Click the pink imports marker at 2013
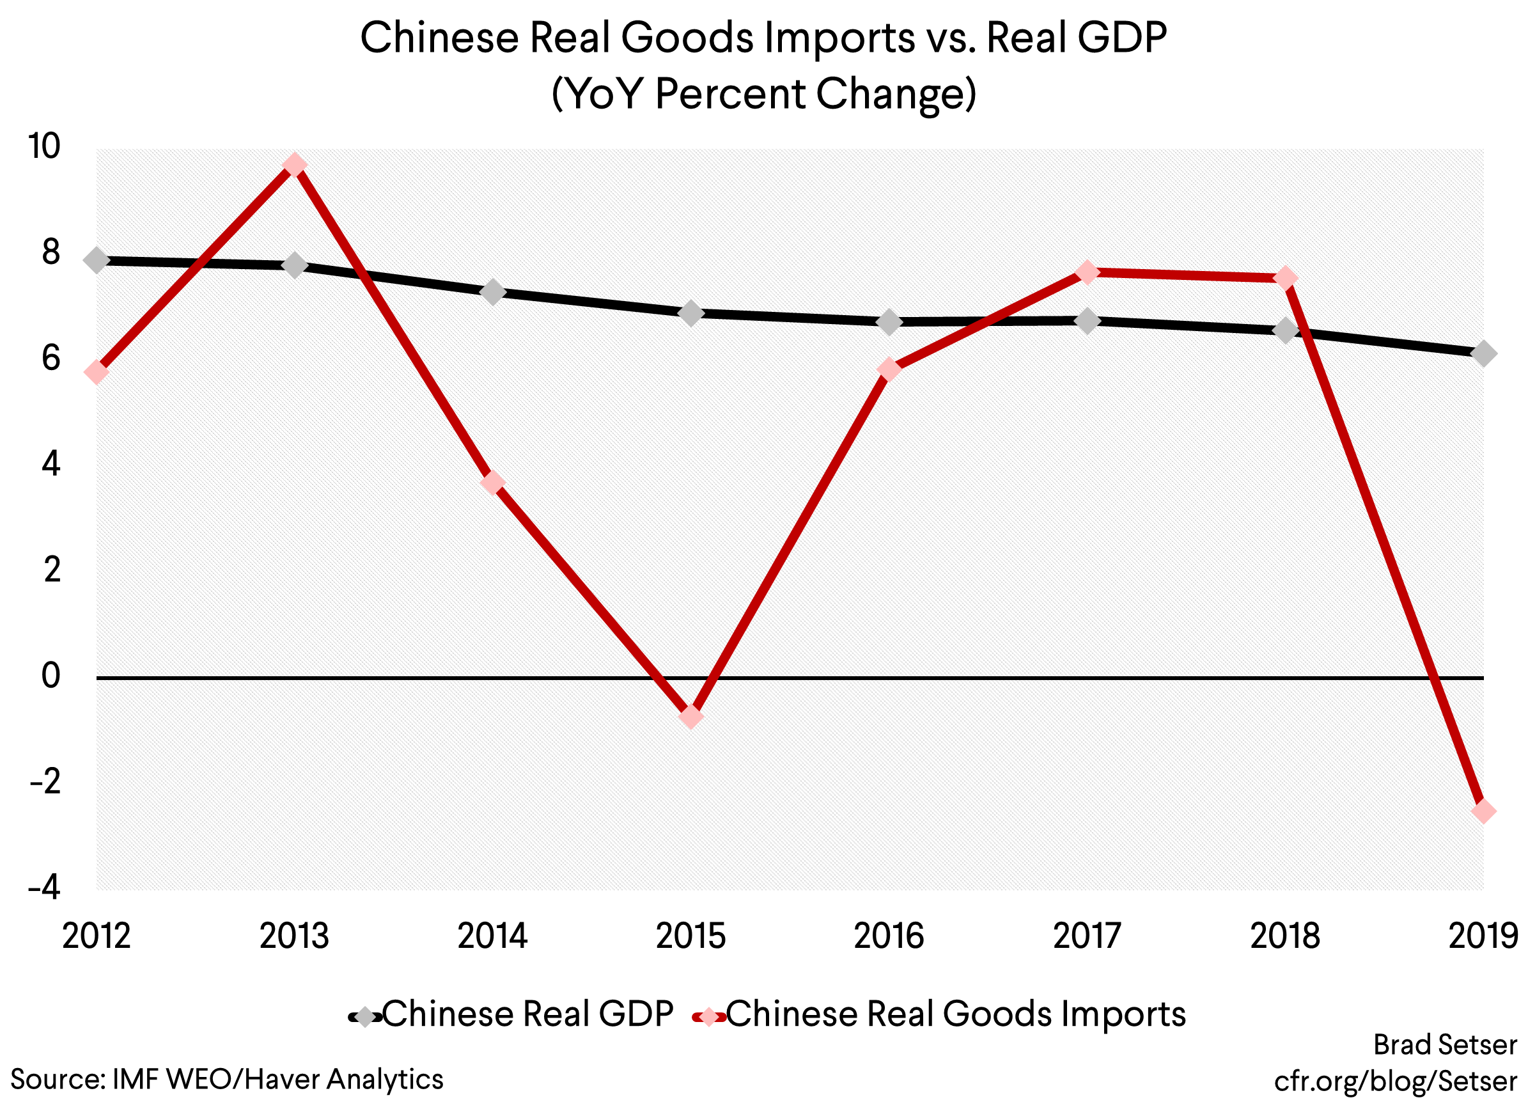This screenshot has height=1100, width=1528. tap(295, 165)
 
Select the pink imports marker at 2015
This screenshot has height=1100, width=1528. tap(690, 717)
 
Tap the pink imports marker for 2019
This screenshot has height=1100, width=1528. tap(1483, 811)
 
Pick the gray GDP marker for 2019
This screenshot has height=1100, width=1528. tap(1483, 353)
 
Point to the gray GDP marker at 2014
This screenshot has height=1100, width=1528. tap(492, 292)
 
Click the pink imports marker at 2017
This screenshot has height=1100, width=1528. tap(1087, 272)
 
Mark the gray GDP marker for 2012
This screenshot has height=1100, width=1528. tap(97, 260)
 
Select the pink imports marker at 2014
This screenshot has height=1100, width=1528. tap(492, 483)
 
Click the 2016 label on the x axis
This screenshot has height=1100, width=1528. tap(889, 936)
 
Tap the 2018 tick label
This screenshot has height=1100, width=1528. tap(1285, 936)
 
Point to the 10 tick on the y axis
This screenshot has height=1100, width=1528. tap(43, 147)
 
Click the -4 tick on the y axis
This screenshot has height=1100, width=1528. tap(43, 888)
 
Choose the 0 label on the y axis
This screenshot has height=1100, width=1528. tap(51, 676)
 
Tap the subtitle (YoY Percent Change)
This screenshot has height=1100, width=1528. tap(763, 93)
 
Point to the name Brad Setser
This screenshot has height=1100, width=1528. tap(1444, 1045)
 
